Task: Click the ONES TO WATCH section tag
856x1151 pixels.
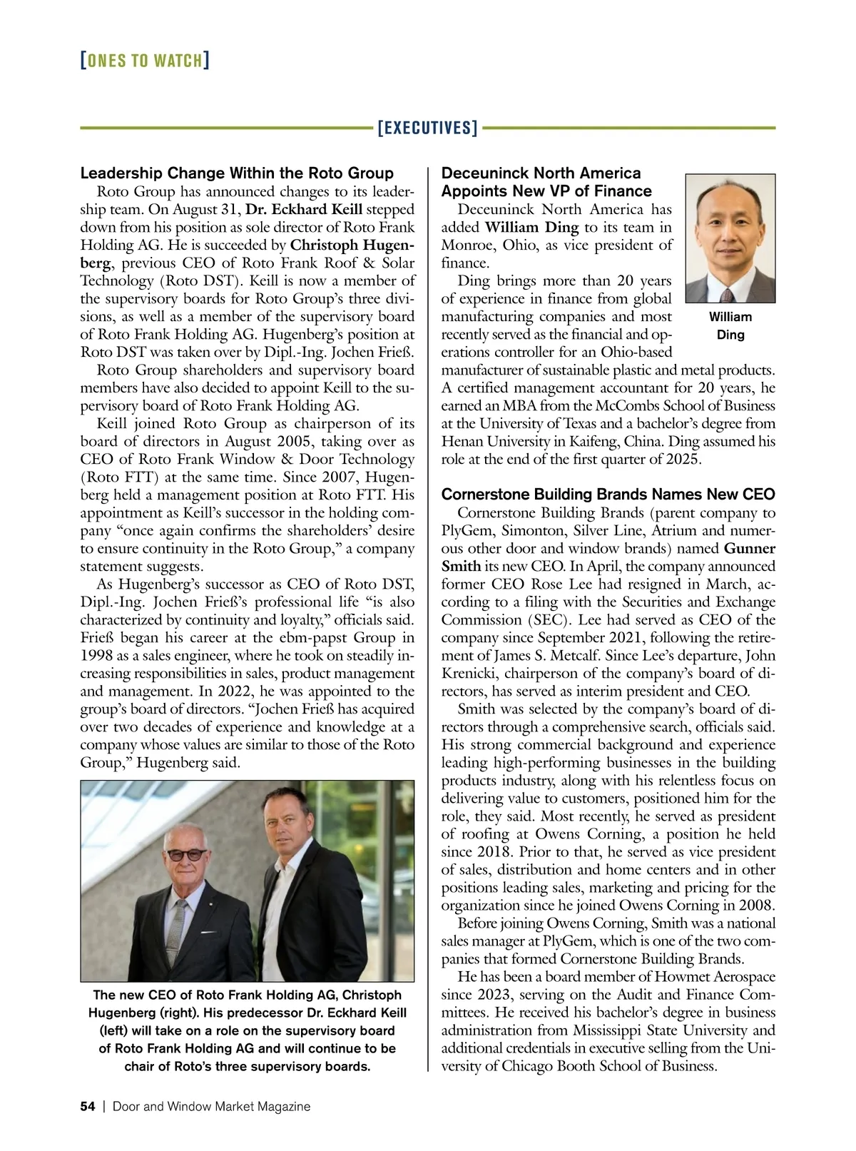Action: coord(145,60)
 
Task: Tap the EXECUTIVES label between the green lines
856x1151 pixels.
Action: coord(427,128)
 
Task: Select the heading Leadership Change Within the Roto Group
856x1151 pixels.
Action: coord(237,173)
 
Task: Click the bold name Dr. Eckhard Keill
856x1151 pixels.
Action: coord(304,210)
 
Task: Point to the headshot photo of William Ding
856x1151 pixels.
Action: coord(730,238)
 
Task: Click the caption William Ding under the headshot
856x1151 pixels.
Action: coord(730,325)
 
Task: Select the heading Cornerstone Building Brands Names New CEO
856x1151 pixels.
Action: coord(608,495)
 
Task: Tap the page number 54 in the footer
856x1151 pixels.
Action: coord(87,1106)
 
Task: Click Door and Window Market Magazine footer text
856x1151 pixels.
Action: coord(212,1106)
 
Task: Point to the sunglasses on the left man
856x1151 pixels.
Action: coord(186,854)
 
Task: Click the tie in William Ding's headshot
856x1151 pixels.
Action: coord(727,295)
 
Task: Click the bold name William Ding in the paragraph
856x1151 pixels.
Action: coord(531,228)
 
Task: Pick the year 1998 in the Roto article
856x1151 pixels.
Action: coord(96,656)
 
